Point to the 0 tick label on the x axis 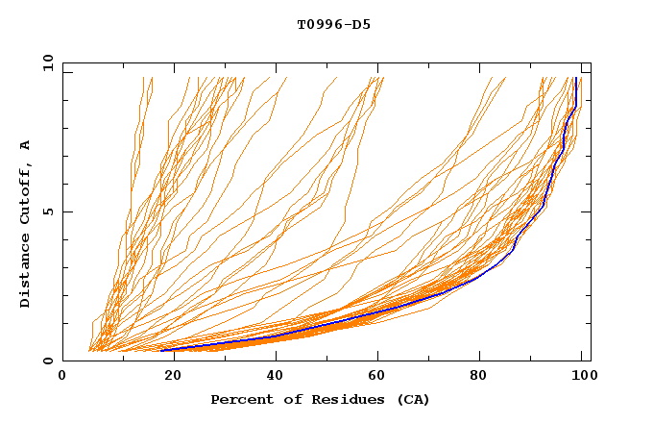[x=62, y=377]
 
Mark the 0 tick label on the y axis [x=48, y=361]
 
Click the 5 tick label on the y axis [x=48, y=211]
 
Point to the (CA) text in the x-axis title [x=413, y=400]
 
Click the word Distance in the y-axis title [x=25, y=274]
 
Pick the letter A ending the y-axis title [x=25, y=145]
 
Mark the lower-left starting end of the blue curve [x=161, y=350]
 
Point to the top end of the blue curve [x=574, y=78]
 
